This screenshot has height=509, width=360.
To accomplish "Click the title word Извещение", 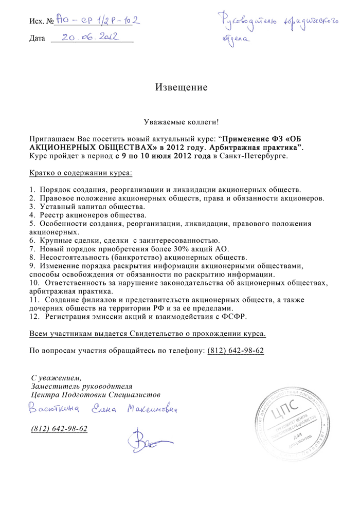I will (x=182, y=87).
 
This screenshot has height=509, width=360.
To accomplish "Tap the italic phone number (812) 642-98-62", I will (x=59, y=428).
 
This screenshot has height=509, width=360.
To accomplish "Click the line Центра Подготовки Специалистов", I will (x=96, y=394).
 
